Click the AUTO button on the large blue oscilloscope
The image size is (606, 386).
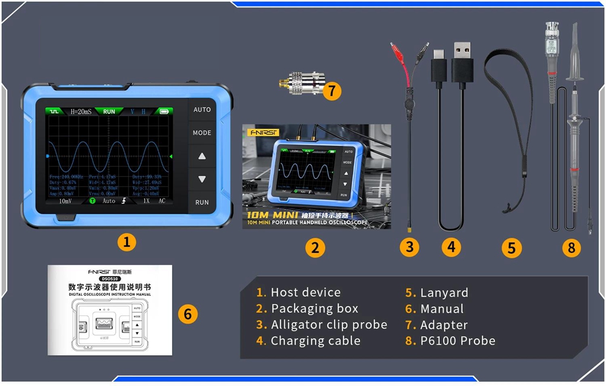(x=202, y=110)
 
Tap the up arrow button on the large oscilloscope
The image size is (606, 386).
(x=202, y=156)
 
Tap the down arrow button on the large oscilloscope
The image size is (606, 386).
(x=202, y=180)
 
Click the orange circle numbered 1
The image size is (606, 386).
(x=126, y=243)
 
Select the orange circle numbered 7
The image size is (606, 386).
(x=331, y=91)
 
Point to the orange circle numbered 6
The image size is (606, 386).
(x=188, y=313)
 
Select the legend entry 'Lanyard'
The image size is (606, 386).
(x=444, y=293)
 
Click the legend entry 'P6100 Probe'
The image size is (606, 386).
(x=458, y=341)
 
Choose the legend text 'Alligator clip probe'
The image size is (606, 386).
(x=328, y=325)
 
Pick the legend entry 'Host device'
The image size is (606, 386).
(x=305, y=293)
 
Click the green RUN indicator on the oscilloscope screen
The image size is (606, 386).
(x=109, y=111)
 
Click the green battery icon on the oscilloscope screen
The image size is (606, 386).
(x=164, y=111)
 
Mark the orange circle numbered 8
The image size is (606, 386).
(x=570, y=247)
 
